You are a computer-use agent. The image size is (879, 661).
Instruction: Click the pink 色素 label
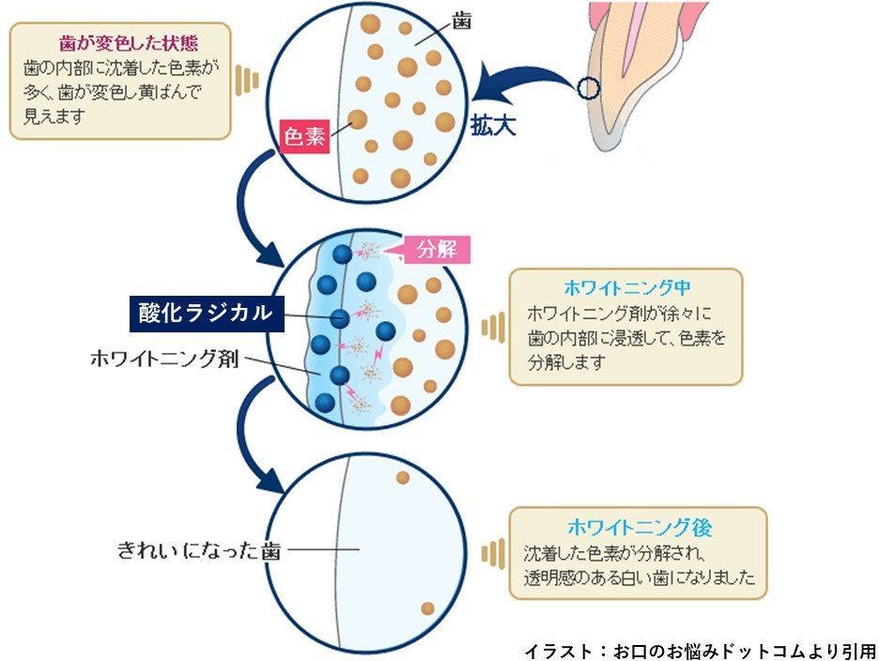[306, 137]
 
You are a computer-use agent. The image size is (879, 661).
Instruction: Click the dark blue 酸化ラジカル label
[207, 314]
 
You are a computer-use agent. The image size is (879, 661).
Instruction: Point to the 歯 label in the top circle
[461, 22]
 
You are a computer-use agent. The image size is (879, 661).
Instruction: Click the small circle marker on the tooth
[588, 89]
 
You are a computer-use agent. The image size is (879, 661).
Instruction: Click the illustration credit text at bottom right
[700, 650]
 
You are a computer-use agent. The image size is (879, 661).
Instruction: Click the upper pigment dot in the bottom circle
[403, 478]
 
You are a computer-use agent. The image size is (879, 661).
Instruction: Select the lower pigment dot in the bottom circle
[427, 608]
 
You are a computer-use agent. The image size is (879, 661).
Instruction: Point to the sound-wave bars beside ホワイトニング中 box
[490, 328]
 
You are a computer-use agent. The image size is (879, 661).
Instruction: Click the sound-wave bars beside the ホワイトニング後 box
[490, 552]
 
